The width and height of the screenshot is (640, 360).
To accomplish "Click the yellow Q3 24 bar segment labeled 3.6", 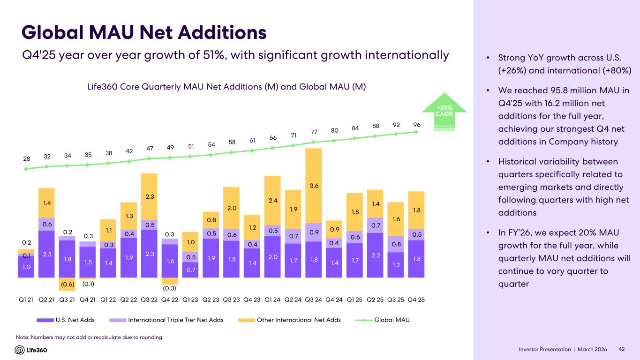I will click(313, 186).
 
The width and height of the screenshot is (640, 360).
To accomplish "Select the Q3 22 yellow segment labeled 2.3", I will click(149, 196).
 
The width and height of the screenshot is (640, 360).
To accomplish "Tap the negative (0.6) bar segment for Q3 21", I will click(67, 284).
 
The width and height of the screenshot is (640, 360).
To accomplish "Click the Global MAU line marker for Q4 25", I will click(416, 132).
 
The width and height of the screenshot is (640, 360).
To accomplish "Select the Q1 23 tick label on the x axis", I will click(190, 300).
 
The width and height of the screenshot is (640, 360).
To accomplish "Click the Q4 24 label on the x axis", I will click(334, 300).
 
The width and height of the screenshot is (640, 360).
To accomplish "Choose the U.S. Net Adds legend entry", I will click(66, 320).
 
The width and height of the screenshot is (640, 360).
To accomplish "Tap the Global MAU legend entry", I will click(389, 320).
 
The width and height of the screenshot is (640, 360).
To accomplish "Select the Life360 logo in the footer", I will click(31, 350).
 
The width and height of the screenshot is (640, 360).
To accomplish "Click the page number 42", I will click(622, 350).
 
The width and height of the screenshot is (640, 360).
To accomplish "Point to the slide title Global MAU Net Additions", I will click(144, 33).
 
